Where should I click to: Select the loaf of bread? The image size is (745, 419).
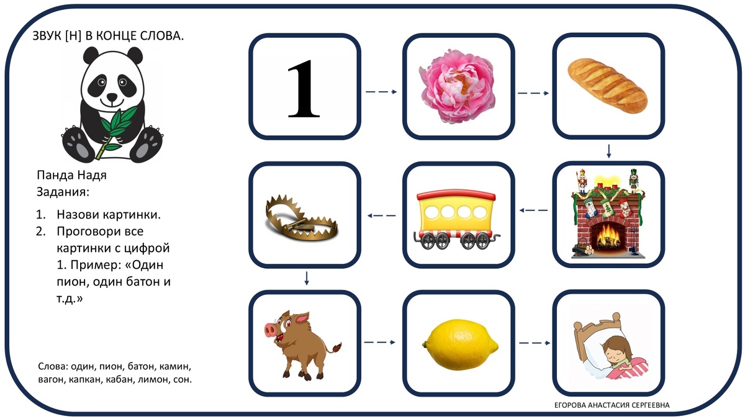click(x=607, y=85)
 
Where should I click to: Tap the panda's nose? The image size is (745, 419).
click(x=111, y=97)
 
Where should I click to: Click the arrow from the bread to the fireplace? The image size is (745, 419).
click(x=609, y=151)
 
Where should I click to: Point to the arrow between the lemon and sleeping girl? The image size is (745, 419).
click(x=535, y=343)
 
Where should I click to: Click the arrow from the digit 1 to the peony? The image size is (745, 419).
click(x=381, y=92)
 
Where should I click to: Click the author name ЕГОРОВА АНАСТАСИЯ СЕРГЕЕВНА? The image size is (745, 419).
click(x=612, y=405)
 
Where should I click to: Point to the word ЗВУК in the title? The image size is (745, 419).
click(x=46, y=37)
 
